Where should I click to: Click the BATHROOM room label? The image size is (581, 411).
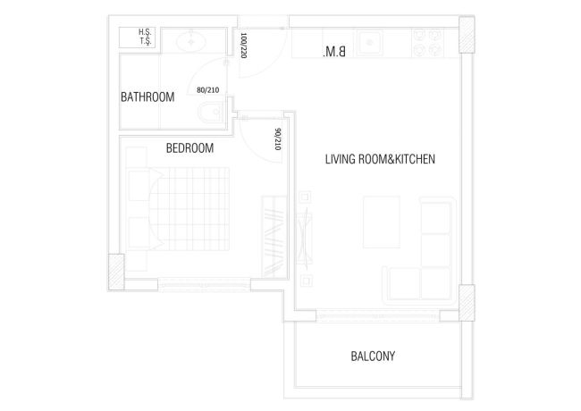tap(147, 97)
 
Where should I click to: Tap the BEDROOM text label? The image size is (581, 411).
tap(189, 149)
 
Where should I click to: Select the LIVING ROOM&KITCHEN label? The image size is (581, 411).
tap(379, 159)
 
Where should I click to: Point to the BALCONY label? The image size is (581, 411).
tap(372, 356)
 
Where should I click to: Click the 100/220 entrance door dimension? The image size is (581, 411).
tap(243, 45)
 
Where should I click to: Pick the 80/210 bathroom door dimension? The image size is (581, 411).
tap(207, 89)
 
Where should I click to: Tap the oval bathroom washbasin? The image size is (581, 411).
tap(189, 42)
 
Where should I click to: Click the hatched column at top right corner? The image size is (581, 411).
tap(465, 36)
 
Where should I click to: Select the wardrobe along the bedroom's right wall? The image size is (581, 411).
tap(272, 234)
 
